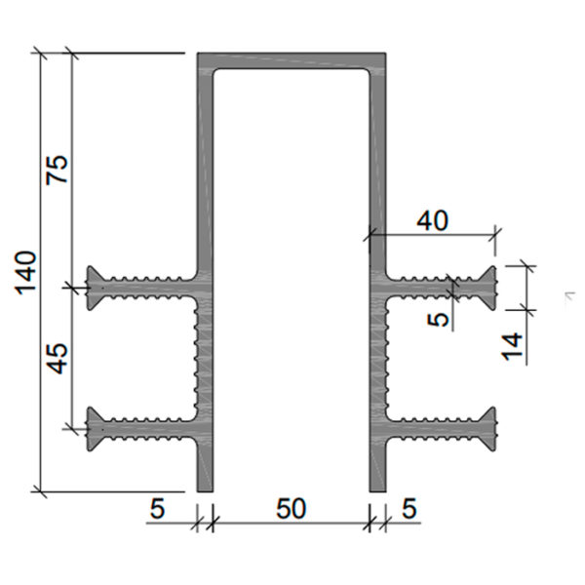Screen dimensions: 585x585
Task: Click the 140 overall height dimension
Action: (26, 273)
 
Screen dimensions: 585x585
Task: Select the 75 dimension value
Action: (58, 170)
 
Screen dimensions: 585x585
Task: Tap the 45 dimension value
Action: (58, 358)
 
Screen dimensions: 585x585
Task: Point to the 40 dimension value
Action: (432, 221)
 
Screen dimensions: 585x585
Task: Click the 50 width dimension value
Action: (292, 509)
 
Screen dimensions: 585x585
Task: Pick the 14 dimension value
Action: (512, 346)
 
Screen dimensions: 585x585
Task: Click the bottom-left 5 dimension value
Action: (157, 509)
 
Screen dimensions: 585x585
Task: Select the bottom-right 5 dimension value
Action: (409, 509)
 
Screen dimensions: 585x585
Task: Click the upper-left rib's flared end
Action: (94, 288)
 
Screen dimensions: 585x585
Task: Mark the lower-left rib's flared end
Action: (94, 429)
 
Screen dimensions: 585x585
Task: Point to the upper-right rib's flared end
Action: (488, 288)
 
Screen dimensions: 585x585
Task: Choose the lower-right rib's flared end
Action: (488, 429)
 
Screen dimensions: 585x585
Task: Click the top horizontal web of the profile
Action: (292, 60)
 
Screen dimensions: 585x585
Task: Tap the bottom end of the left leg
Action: (205, 491)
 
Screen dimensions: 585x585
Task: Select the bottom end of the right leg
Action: (377, 491)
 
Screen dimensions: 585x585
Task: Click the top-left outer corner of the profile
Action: (198, 54)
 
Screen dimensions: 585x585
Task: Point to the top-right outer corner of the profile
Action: (385, 54)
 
